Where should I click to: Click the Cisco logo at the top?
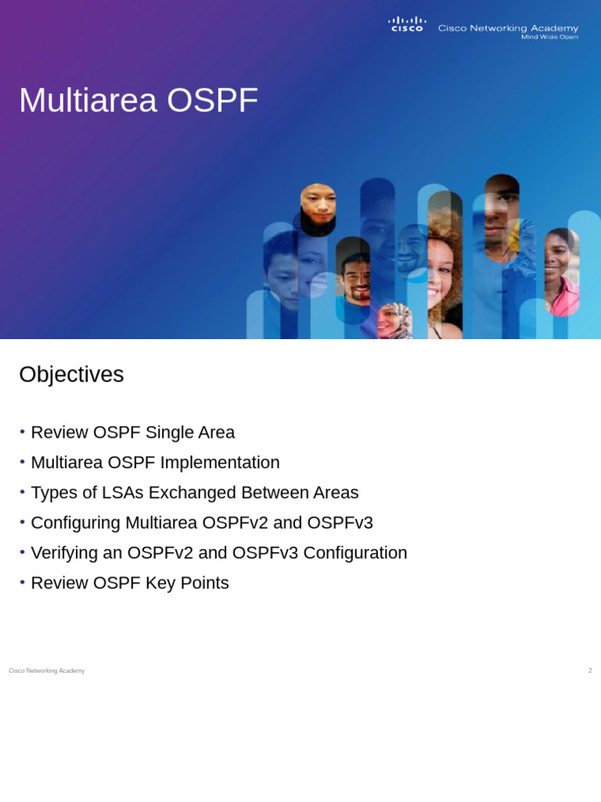[407, 24]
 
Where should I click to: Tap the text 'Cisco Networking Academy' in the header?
[508, 28]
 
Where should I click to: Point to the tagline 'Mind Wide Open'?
[549, 37]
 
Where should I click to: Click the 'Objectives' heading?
[71, 374]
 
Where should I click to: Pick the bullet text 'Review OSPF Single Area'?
[132, 432]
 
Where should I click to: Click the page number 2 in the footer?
[590, 670]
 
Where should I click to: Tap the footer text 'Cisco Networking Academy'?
[47, 670]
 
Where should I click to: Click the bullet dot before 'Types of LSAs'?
[23, 492]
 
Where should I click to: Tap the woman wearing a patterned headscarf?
[394, 321]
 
